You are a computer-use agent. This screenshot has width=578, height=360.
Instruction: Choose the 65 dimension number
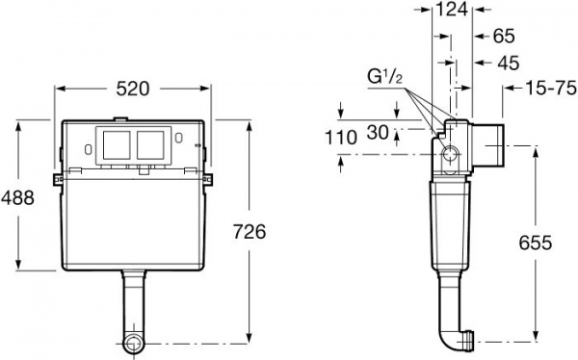(x=504, y=36)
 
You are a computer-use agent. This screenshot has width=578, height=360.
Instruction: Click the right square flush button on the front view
(x=149, y=145)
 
